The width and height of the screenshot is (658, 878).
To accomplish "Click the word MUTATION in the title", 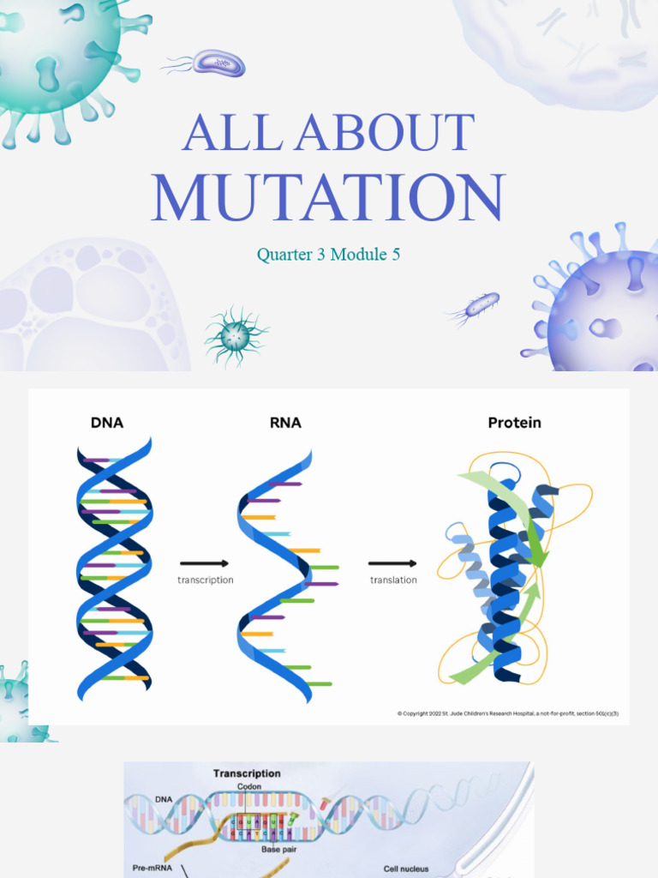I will tap(328, 198).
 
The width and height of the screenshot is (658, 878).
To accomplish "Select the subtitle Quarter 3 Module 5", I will tap(328, 255).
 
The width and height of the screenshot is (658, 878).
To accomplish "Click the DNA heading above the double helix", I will tap(107, 422).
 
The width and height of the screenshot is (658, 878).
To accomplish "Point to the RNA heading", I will tap(284, 422).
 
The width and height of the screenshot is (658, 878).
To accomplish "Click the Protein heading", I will tap(514, 422).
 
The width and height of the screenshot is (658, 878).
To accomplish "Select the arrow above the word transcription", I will tap(204, 563).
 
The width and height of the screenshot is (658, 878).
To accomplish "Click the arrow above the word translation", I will tap(392, 563).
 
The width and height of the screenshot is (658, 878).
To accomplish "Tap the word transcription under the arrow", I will tap(206, 580).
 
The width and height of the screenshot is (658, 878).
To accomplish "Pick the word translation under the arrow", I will tap(393, 580).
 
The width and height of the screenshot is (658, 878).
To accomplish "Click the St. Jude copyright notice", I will tap(507, 713).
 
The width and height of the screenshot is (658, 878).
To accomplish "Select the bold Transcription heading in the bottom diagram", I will tap(247, 773).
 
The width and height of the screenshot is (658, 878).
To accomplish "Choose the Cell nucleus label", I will tap(406, 868).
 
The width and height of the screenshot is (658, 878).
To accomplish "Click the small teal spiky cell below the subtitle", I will tap(236, 336).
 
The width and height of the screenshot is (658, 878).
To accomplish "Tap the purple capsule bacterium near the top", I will tap(218, 63).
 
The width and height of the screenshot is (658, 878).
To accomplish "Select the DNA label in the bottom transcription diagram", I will tap(164, 799).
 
